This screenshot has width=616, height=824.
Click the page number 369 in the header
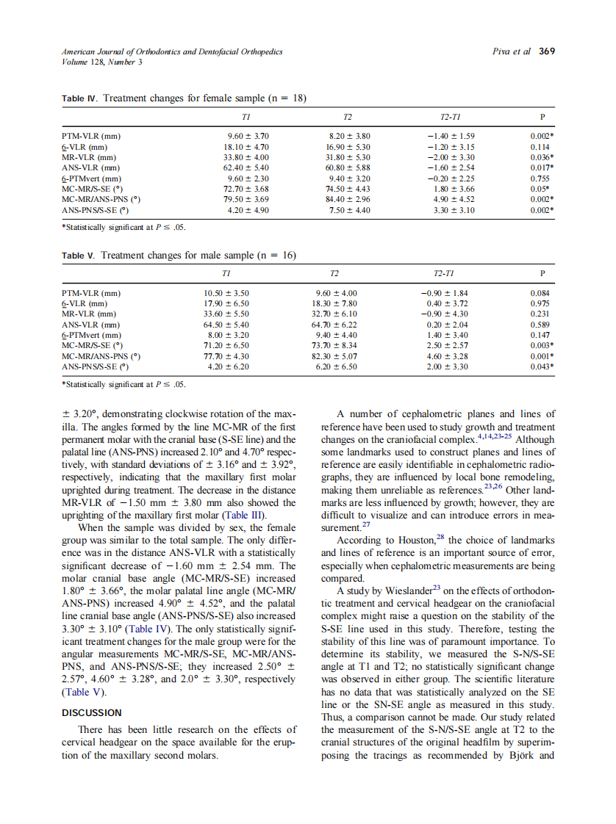pyautogui.click(x=547, y=51)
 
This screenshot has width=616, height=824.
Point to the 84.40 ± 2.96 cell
pyautogui.click(x=348, y=199)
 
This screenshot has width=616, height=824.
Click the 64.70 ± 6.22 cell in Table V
pyautogui.click(x=334, y=325)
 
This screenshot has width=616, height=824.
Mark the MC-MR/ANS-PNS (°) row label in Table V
pyautogui.click(x=101, y=356)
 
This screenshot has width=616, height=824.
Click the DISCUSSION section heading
pyautogui.click(x=92, y=712)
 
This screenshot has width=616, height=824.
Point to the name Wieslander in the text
pyautogui.click(x=400, y=590)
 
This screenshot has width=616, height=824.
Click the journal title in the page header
pyautogui.click(x=172, y=51)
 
